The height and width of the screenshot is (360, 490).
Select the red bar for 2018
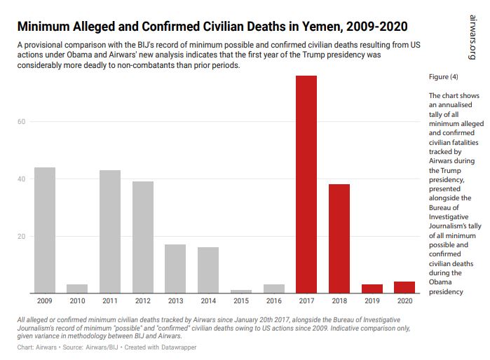(339, 238)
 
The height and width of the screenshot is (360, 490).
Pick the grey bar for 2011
(110, 231)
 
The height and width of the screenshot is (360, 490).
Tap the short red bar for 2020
(404, 287)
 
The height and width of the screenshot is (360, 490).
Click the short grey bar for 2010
(77, 289)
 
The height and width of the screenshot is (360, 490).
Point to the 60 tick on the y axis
(22, 122)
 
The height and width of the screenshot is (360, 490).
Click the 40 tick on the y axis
(22, 179)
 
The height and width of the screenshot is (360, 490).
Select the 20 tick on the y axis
(22, 237)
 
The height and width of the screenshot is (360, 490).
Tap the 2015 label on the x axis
(240, 301)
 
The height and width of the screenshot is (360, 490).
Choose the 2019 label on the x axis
(371, 301)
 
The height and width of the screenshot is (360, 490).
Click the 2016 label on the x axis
(273, 301)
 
